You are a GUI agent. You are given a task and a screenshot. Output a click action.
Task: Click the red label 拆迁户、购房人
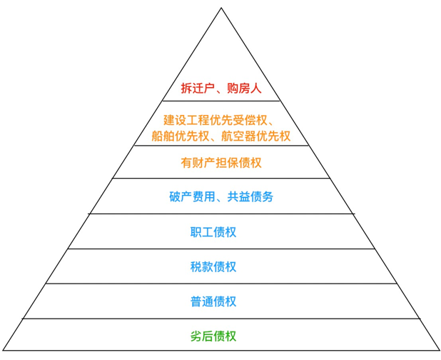click(221, 89)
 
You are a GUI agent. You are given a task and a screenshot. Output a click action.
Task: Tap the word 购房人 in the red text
click(245, 89)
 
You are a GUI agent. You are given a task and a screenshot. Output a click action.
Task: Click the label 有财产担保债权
click(221, 163)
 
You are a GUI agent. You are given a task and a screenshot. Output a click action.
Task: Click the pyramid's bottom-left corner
click(4, 351)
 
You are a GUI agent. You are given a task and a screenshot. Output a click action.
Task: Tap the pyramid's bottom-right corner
click(437, 351)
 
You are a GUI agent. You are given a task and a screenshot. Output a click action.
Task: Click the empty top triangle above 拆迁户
click(221, 50)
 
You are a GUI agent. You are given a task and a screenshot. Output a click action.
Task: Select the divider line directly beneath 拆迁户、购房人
click(221, 101)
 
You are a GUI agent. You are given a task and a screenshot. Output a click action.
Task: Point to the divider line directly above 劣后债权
click(221, 319)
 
